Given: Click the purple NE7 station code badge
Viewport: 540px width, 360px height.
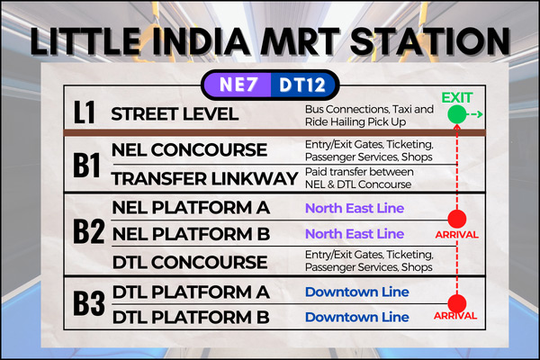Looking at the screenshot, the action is tap(238, 85).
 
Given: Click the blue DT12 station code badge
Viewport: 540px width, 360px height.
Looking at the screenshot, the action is tap(303, 85).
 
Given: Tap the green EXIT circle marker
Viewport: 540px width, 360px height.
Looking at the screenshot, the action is tap(457, 114).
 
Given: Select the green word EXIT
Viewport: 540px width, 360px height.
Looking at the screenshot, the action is tap(457, 98).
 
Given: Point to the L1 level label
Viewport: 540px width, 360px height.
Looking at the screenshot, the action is tap(85, 112).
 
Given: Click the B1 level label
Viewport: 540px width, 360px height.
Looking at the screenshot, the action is tap(86, 165).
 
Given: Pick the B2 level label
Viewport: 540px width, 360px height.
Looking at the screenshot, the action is tap(88, 231).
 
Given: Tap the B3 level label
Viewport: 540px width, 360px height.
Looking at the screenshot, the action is tap(89, 303).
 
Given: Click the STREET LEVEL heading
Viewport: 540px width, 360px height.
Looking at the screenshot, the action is tap(175, 114).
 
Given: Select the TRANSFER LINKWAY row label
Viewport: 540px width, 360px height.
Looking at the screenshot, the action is tap(205, 179).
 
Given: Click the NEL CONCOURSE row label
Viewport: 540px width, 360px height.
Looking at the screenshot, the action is tap(189, 150).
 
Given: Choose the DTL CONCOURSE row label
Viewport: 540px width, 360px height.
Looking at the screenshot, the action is tap(190, 262).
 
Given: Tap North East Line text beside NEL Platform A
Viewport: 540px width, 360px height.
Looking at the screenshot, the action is tap(355, 208).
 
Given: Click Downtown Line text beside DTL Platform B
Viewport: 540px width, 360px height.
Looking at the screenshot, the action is tap(356, 317).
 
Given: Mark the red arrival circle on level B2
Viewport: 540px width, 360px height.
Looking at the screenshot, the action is tap(457, 219).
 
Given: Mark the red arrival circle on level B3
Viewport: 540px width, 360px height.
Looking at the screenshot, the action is tap(457, 303).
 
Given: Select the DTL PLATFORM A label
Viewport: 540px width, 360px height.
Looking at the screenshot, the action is tap(191, 292).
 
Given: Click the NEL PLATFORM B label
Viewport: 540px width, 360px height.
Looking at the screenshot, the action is tap(191, 234).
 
